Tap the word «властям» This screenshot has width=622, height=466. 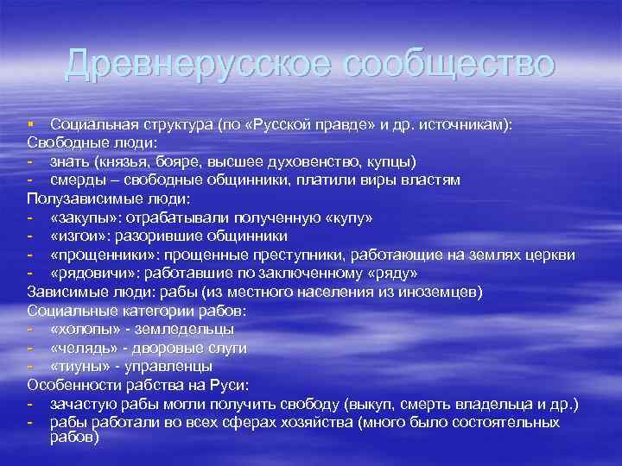click(x=426, y=180)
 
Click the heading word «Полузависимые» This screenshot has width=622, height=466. click(x=79, y=198)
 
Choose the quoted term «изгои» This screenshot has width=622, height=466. click(x=78, y=236)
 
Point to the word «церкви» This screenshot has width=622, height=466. click(x=551, y=255)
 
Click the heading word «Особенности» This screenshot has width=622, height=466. click(x=70, y=385)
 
